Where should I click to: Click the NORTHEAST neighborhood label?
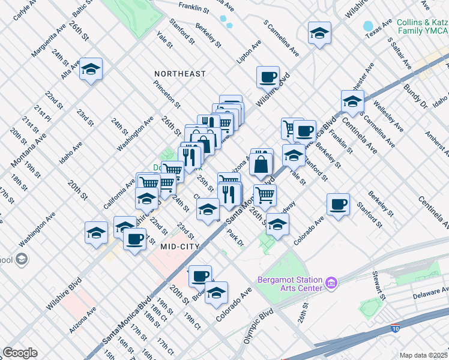[180, 74]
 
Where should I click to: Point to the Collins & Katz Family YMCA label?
[422, 26]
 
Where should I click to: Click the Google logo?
[20, 353]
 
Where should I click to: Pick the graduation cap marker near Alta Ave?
[91, 70]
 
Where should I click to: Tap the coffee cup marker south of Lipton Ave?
[268, 77]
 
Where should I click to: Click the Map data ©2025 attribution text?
[423, 355]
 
